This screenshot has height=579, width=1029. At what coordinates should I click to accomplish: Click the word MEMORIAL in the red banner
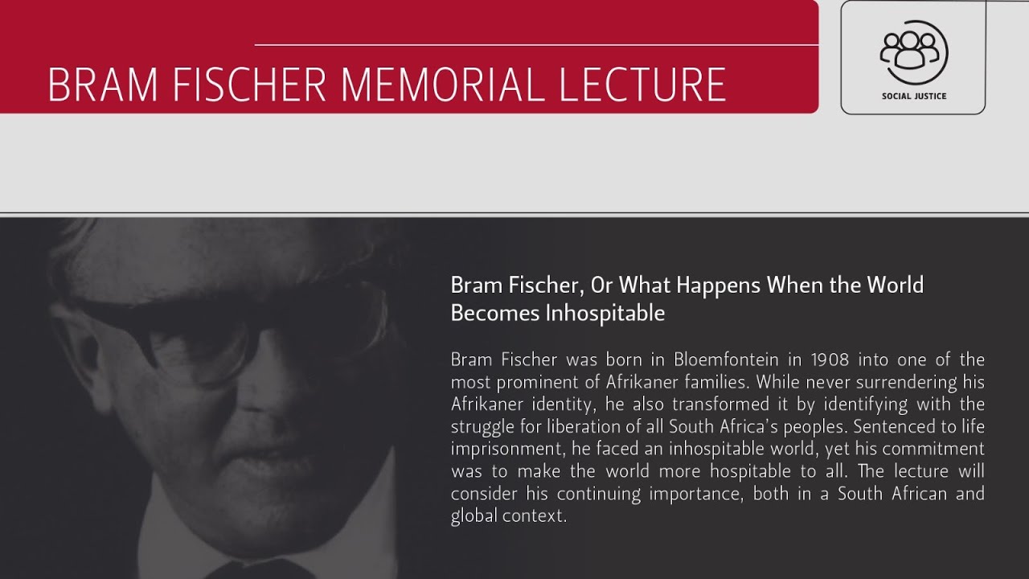(x=441, y=84)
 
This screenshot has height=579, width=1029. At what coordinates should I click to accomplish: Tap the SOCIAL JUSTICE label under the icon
(x=913, y=96)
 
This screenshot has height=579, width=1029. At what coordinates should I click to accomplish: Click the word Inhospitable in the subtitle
(x=605, y=313)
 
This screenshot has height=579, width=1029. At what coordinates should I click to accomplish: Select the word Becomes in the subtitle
(x=495, y=313)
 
